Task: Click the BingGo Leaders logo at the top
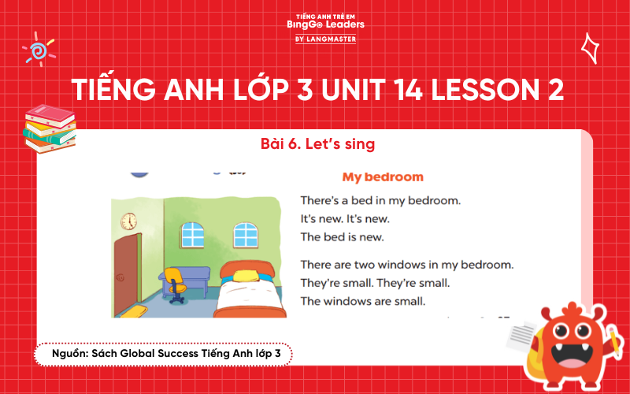click(325, 27)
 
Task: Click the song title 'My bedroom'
click(383, 177)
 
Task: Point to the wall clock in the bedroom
click(128, 222)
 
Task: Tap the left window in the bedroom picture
click(193, 233)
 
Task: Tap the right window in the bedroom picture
click(245, 233)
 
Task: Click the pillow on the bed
click(245, 276)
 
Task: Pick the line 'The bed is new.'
click(343, 236)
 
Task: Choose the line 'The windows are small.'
click(362, 300)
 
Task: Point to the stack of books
click(49, 128)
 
